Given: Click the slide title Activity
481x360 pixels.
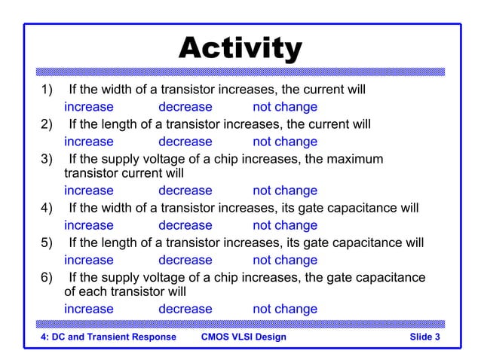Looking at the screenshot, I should tap(240, 49).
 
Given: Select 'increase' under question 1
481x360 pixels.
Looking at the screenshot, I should tap(88, 107).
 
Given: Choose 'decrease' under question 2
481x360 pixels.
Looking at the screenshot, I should tap(185, 142).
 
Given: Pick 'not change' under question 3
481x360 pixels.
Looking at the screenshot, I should tap(284, 191).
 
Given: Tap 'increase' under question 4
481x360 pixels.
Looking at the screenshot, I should tap(88, 225).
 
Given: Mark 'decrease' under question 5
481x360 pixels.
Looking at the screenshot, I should tap(185, 260).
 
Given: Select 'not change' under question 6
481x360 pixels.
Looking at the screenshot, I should tap(284, 309).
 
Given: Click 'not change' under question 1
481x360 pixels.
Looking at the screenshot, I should tap(284, 107).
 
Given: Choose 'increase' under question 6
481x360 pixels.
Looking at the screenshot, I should tap(88, 309).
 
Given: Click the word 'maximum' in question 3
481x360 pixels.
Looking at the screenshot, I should tap(354, 159).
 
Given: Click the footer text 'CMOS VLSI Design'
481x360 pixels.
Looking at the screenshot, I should tap(244, 337).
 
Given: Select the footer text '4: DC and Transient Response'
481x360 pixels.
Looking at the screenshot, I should tap(108, 337).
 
